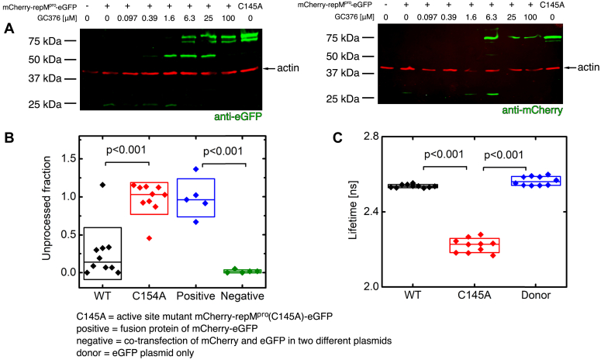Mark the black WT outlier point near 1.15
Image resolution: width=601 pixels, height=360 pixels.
pyautogui.click(x=102, y=185)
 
